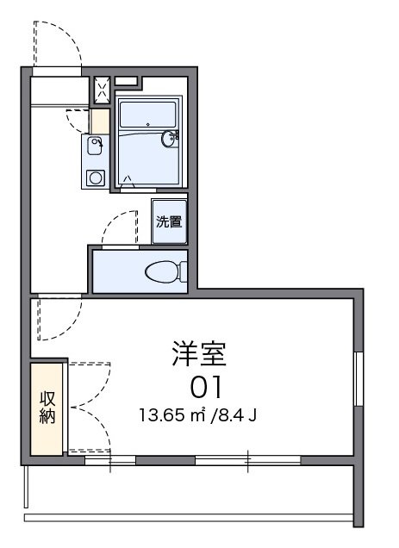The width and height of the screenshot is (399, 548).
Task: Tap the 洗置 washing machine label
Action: [169, 221]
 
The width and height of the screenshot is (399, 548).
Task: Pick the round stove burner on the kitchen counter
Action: [95, 178]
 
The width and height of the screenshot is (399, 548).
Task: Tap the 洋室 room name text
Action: [199, 354]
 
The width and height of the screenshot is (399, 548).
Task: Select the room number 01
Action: [207, 385]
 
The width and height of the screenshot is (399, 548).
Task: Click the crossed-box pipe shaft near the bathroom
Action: [101, 90]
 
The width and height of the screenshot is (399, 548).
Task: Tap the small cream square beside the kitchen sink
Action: [100, 121]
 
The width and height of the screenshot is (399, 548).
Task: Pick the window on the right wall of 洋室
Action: [358, 380]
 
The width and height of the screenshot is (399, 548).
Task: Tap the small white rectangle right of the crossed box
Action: [126, 82]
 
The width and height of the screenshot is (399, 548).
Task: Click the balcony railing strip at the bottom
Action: [190, 518]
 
